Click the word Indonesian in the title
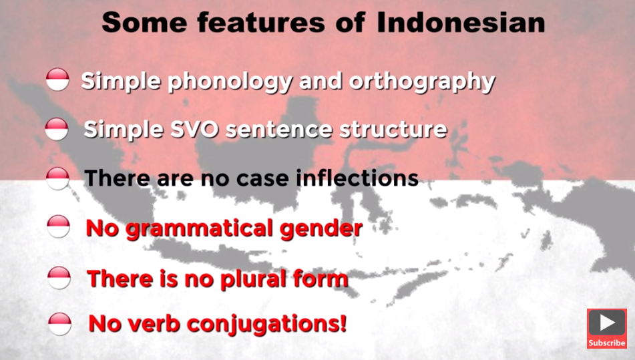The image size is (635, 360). click(461, 23)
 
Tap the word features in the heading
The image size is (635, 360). click(261, 23)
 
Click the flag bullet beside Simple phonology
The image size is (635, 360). click(57, 79)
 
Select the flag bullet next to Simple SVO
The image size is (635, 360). click(57, 129)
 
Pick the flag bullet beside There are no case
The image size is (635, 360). click(57, 178)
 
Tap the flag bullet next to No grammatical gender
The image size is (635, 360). click(58, 226)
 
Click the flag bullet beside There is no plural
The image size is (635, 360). click(59, 277)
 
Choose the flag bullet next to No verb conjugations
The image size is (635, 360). click(59, 324)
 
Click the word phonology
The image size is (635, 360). click(230, 82)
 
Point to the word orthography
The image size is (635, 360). click(422, 82)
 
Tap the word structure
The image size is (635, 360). click(393, 130)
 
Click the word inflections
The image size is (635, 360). click(357, 178)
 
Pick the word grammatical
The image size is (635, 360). click(199, 229)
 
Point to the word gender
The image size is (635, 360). click(321, 229)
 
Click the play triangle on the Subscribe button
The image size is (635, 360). click(607, 323)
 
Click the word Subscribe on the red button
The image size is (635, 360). click(607, 343)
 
